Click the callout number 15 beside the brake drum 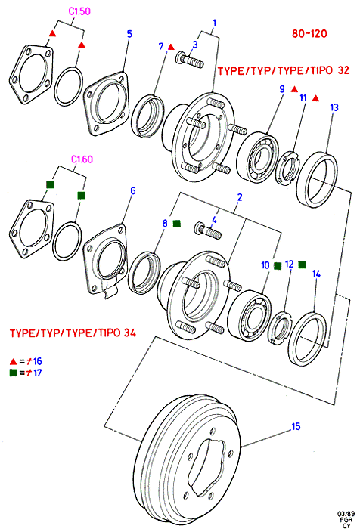(x=296, y=426)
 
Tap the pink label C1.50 (x=79, y=11)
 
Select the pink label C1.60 (x=82, y=159)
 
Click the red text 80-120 (x=309, y=34)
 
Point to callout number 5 (x=129, y=34)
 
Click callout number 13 (x=334, y=107)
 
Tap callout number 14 (x=316, y=274)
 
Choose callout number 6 (x=133, y=191)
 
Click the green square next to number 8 (x=177, y=224)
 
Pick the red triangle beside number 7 (x=171, y=47)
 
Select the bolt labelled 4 (x=208, y=230)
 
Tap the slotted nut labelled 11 (x=287, y=168)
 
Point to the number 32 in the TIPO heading (x=343, y=70)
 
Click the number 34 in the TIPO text (x=129, y=333)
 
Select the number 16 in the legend (x=38, y=361)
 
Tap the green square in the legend (x=14, y=373)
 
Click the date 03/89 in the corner (x=345, y=514)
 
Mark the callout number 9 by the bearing (x=282, y=89)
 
